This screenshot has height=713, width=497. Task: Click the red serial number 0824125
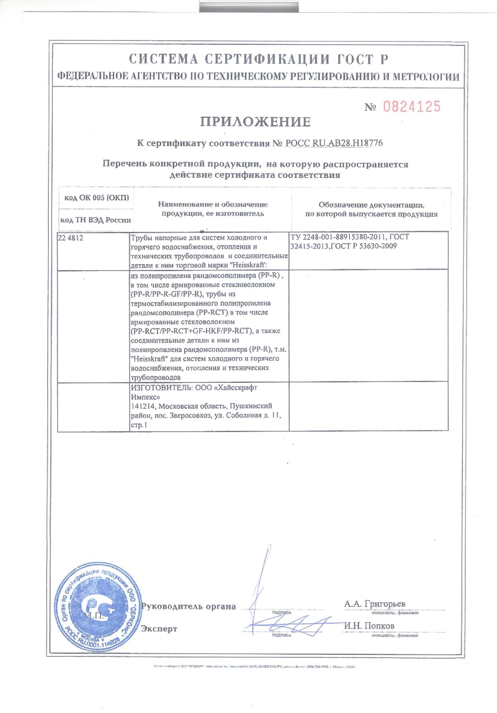point(412,107)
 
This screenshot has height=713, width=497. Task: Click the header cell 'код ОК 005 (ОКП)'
point(96,198)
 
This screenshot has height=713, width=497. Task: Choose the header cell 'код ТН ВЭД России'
point(95,220)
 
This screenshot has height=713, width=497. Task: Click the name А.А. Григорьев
point(374,604)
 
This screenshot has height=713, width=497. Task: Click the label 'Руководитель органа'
point(189,607)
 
